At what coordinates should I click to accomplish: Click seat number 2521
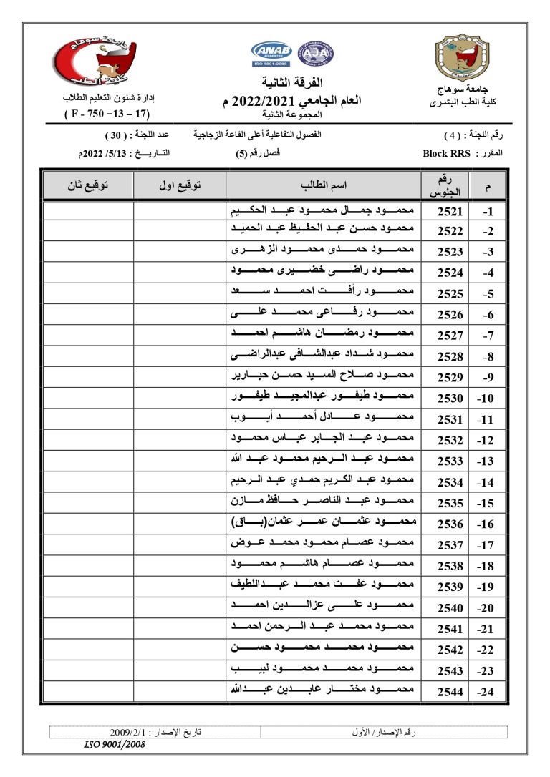[x=450, y=211]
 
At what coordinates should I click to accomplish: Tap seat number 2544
[x=450, y=691]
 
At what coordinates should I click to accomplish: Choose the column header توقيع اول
[x=179, y=185]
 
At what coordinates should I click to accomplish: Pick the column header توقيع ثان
[x=87, y=185]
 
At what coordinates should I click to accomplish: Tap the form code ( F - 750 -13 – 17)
[x=107, y=114]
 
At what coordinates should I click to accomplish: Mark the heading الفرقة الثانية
[x=293, y=82]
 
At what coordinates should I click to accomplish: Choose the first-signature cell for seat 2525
[x=179, y=293]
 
